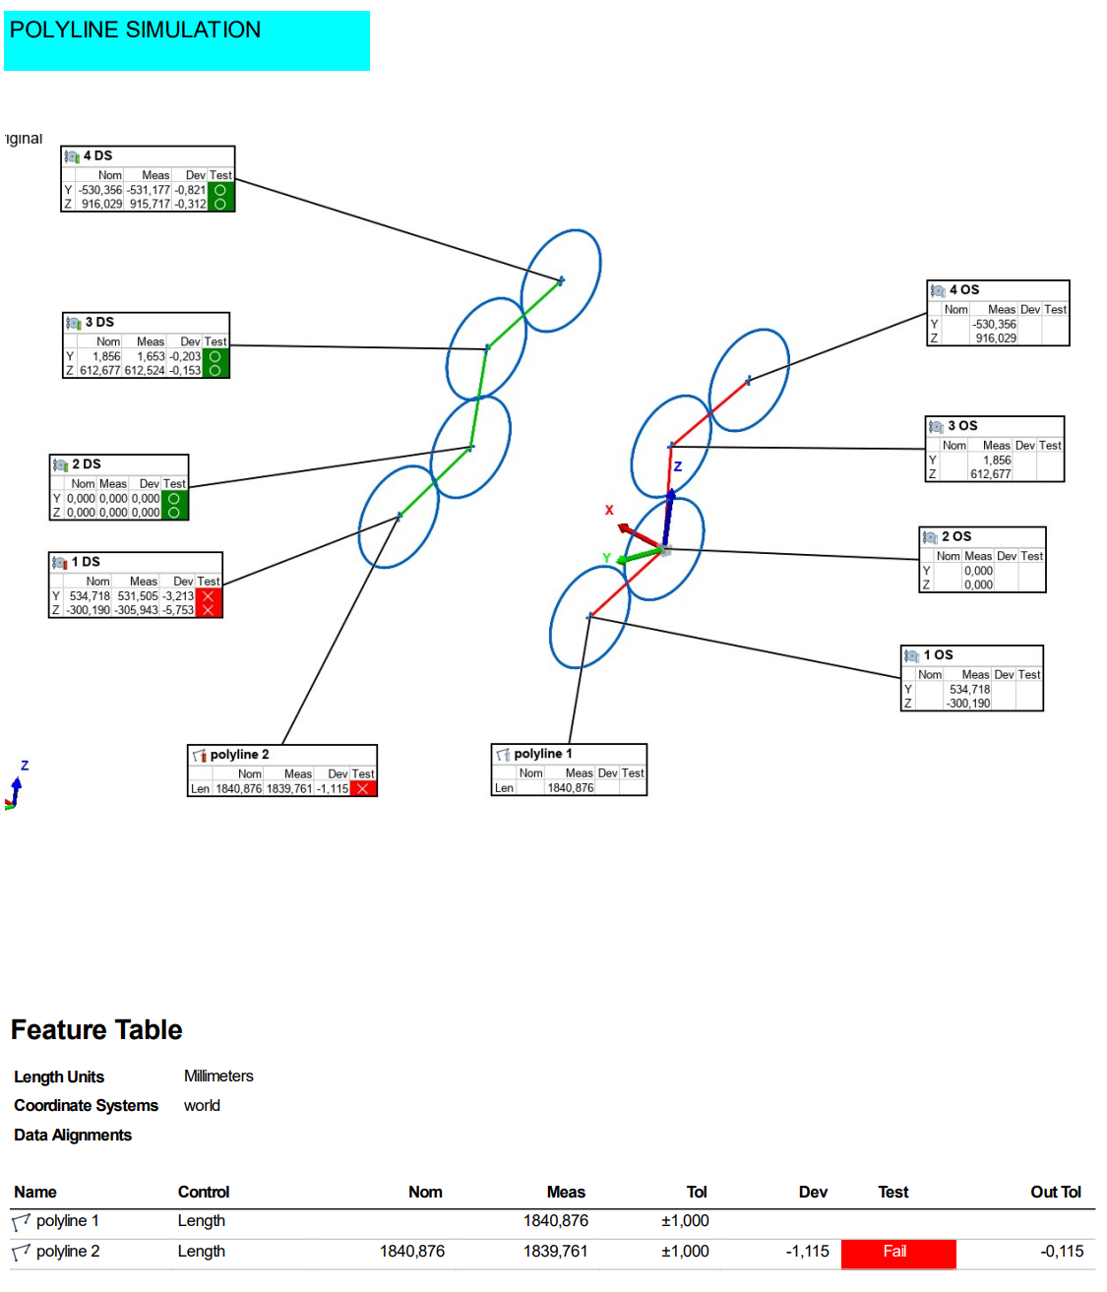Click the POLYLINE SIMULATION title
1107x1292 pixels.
[x=135, y=31]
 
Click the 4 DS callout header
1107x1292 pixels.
[x=97, y=155]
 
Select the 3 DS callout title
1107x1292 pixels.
[x=99, y=322]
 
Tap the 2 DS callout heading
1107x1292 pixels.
[x=87, y=463]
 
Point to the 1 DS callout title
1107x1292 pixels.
[x=86, y=561]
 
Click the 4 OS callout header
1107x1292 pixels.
[x=963, y=289]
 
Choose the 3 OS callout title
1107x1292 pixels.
[x=961, y=425]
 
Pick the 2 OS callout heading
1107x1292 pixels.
[x=955, y=536]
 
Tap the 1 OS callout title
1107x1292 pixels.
[x=938, y=654]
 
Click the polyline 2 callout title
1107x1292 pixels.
[x=239, y=755]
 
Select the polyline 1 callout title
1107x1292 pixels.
[x=542, y=754]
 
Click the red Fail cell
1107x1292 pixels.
[x=897, y=1252]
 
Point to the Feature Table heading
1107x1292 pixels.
[x=96, y=1029]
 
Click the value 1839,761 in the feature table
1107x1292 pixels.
[x=555, y=1252]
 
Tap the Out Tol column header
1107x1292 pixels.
[x=1055, y=1192]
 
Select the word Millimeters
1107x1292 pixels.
[x=218, y=1077]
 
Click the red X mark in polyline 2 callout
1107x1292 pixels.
[x=363, y=788]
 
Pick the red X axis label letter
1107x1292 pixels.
[x=609, y=510]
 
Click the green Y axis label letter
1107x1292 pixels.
[x=607, y=558]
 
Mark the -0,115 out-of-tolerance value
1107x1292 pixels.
[x=1061, y=1252]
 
